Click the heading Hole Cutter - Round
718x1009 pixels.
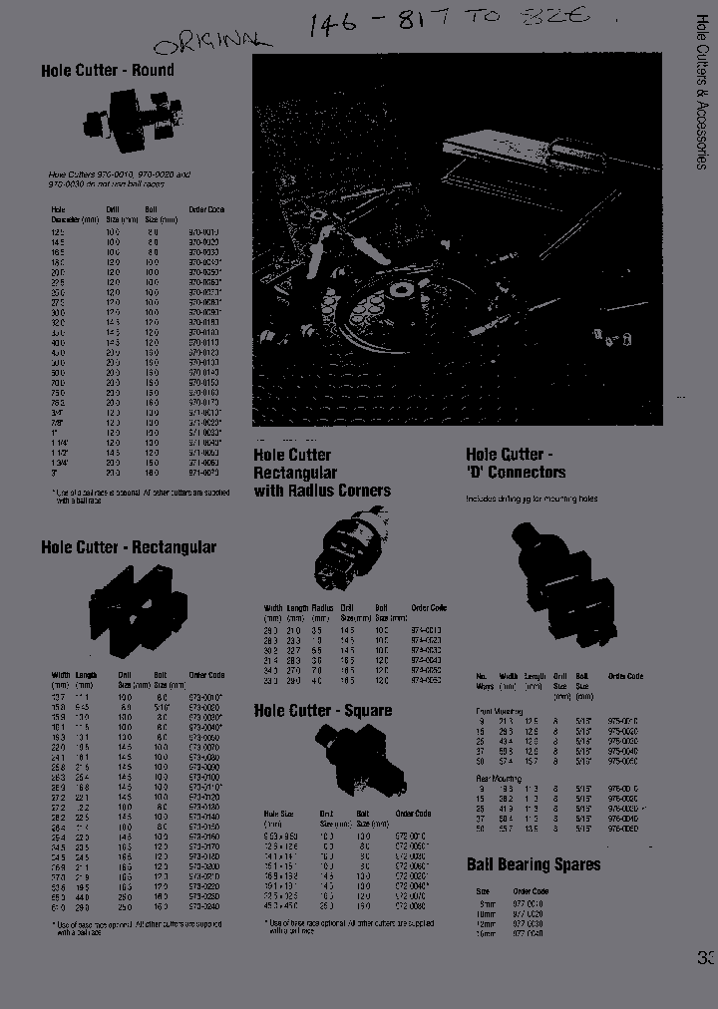click(108, 71)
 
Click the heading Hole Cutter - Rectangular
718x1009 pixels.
click(129, 547)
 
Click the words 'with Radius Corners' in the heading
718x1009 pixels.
click(321, 491)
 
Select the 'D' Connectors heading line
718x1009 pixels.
click(516, 473)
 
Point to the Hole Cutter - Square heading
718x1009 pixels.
click(322, 711)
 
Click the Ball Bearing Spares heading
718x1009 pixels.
click(534, 864)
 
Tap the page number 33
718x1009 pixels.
click(706, 959)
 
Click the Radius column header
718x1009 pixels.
click(321, 608)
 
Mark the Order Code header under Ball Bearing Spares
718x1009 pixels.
click(530, 891)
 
